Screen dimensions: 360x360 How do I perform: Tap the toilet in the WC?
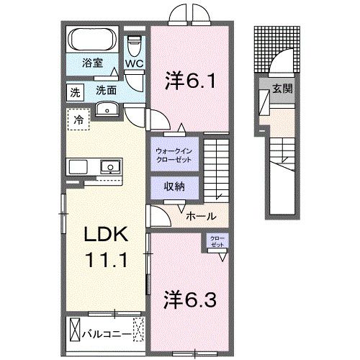(x=134, y=45)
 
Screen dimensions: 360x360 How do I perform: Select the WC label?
(x=134, y=63)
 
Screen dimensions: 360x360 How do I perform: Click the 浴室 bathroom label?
(x=91, y=63)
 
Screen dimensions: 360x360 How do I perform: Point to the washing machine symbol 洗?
(x=75, y=91)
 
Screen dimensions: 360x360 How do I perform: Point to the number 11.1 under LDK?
(x=107, y=258)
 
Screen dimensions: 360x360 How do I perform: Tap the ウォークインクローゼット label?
(x=173, y=155)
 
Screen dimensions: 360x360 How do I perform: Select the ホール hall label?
(x=199, y=216)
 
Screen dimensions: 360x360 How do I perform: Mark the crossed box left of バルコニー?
(x=77, y=333)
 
